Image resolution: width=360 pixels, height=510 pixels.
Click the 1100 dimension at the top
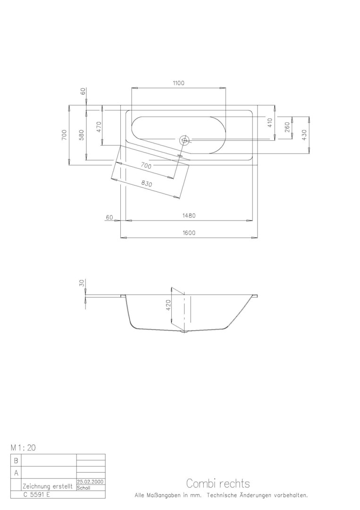[x=178, y=83]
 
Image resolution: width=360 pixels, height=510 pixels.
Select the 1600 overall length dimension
[x=189, y=232]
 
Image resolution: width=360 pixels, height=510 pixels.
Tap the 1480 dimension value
[x=189, y=215]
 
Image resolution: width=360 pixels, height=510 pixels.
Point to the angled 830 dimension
[x=147, y=184]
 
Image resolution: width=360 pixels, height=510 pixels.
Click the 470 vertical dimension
[x=99, y=127]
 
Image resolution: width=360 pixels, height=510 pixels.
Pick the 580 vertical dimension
[x=82, y=135]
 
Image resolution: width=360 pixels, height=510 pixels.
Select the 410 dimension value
[x=270, y=123]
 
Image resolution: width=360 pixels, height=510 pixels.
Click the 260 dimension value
[x=287, y=127]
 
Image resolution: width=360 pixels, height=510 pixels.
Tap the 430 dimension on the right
[x=304, y=135]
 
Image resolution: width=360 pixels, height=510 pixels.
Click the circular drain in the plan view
[x=184, y=140]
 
